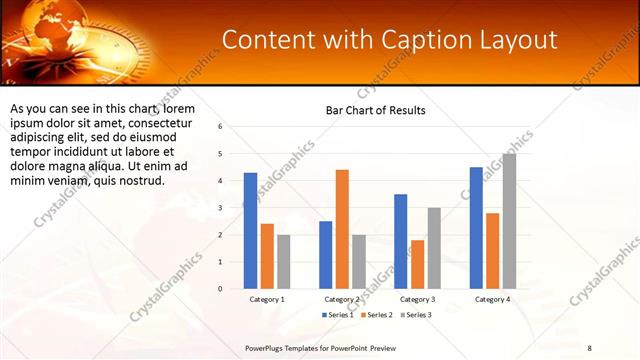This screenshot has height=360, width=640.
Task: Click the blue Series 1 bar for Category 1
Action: [x=250, y=231]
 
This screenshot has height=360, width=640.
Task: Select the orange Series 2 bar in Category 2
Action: [x=342, y=229]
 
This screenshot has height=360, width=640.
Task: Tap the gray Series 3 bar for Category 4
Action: [x=509, y=221]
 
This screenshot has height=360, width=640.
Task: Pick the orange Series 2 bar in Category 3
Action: [x=417, y=264]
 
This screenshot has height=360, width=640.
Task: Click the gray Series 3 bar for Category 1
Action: [x=283, y=262]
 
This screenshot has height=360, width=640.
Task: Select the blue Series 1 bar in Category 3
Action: [x=401, y=241]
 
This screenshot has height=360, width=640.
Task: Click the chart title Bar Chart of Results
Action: [x=376, y=110]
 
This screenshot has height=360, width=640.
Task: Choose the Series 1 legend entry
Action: [x=337, y=315]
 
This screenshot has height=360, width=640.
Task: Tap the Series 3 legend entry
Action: [x=415, y=315]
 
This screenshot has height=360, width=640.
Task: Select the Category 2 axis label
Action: [x=342, y=299]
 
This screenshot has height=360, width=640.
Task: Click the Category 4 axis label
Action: [x=492, y=299]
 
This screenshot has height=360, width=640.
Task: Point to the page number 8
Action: [x=589, y=347]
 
